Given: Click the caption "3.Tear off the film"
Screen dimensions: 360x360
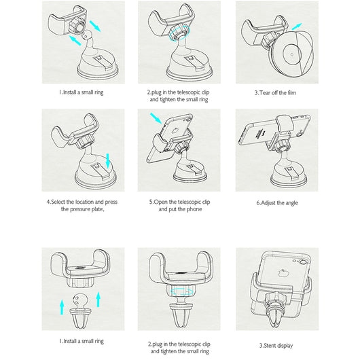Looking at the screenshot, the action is (275, 93).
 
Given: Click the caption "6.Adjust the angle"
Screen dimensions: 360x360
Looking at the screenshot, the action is (277, 203).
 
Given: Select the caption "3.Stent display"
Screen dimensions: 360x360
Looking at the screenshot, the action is (276, 346).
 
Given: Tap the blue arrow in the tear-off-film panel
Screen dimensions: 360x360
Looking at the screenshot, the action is (297, 26).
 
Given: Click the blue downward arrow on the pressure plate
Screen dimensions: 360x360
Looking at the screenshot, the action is (108, 161).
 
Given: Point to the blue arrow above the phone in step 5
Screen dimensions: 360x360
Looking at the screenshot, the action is (156, 118).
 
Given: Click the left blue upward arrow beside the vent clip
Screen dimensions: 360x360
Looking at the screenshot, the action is (62, 307).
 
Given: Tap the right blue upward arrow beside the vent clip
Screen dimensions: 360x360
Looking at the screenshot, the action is (98, 300).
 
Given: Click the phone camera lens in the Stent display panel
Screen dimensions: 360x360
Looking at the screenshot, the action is (303, 262).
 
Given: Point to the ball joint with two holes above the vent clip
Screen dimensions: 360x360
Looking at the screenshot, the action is (80, 300).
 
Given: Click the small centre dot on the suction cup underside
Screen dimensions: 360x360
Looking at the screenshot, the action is (292, 54).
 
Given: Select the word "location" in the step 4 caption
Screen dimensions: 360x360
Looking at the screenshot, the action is (84, 202).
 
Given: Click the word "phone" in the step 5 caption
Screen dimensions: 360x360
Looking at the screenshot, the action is (194, 209).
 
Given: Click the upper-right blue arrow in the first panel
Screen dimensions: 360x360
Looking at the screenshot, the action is (95, 26).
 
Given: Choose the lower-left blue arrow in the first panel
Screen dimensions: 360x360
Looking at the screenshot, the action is (75, 40).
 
